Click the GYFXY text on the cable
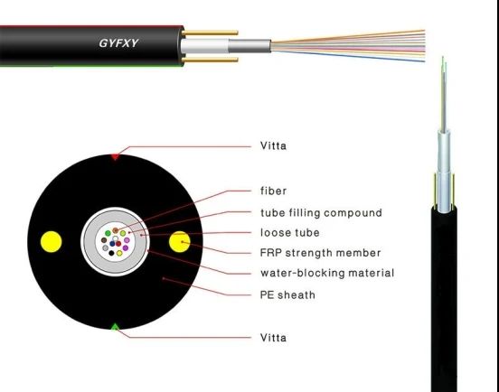click(x=118, y=43)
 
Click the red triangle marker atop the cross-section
click(x=115, y=157)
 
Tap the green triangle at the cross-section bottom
click(x=115, y=326)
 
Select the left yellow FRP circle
click(x=52, y=242)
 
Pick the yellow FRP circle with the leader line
click(x=180, y=242)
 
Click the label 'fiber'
click(x=273, y=191)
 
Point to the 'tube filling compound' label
click(x=321, y=212)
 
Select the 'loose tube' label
click(x=289, y=232)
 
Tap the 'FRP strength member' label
click(x=320, y=253)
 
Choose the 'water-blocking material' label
click(x=327, y=273)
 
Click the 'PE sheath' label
click(x=287, y=294)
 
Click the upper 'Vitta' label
click(x=273, y=145)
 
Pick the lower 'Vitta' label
click(x=273, y=337)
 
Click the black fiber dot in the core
click(x=111, y=253)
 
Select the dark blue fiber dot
click(x=112, y=244)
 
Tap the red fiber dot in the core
click(x=118, y=244)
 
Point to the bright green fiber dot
click(x=108, y=233)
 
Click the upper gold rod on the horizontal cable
click(x=210, y=33)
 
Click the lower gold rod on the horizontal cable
click(x=210, y=60)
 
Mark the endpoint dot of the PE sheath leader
click(x=164, y=278)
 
